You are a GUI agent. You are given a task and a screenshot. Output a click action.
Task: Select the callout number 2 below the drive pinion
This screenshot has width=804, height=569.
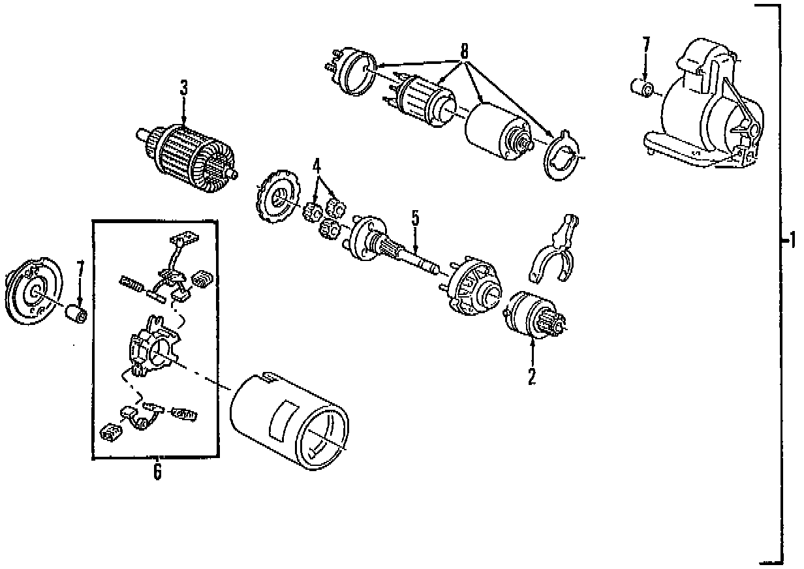coord(532,377)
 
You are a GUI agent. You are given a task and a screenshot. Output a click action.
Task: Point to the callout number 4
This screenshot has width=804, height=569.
coord(317,166)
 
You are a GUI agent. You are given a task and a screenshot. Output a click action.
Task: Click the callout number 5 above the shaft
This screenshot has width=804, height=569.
coord(414,219)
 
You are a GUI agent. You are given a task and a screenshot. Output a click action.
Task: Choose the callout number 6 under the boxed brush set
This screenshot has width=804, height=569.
coord(157,471)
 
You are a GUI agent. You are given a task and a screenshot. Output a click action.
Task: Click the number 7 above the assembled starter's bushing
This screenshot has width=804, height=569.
coord(646,46)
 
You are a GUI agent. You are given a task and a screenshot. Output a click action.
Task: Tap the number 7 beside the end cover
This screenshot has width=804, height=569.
coord(80,269)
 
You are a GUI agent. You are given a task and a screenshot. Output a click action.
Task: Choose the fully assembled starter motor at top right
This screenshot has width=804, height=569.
coord(705,108)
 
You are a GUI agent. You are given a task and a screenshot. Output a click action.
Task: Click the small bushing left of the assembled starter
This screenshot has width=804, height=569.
coord(640,88)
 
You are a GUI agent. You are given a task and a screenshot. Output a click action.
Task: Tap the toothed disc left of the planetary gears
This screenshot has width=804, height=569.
coord(275,197)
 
